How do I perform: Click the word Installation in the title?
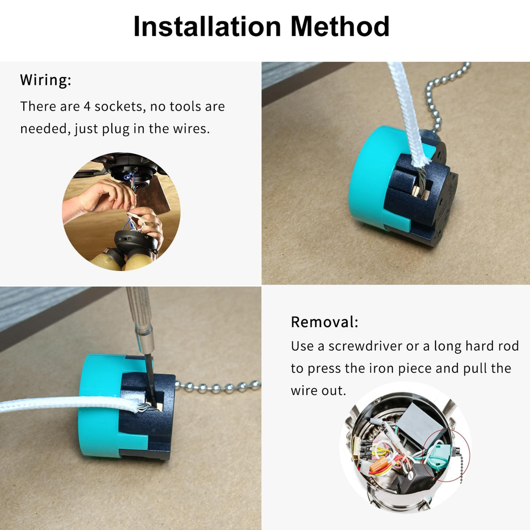tap(207, 26)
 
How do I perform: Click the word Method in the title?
tap(340, 26)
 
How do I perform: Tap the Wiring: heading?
tap(45, 80)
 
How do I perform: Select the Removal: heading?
tap(325, 322)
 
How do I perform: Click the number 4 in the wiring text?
tap(87, 106)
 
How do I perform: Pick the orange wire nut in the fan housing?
tap(378, 464)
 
